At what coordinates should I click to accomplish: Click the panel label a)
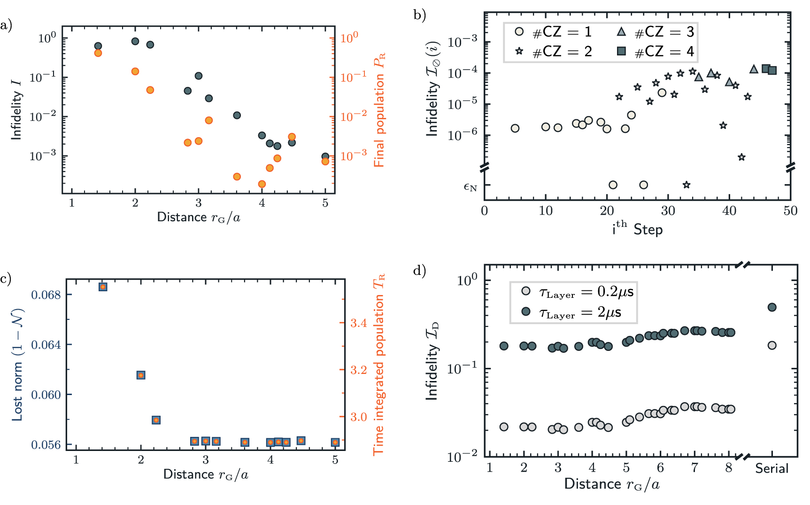tap(6, 25)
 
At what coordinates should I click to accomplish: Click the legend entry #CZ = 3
tap(655, 32)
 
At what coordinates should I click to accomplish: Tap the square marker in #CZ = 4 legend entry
tap(621, 51)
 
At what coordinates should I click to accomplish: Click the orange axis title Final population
tap(379, 110)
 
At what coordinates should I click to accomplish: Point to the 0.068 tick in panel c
tap(46, 295)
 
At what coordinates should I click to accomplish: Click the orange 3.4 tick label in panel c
tap(359, 323)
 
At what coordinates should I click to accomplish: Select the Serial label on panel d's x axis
tap(771, 468)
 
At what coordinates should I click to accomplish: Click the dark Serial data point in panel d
tap(772, 307)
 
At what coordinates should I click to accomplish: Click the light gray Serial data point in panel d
tap(772, 345)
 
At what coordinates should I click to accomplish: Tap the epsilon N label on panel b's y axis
tap(470, 186)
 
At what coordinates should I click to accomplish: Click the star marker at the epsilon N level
tap(687, 185)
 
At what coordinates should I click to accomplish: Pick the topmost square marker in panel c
tap(103, 287)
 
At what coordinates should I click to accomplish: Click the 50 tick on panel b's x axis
tap(790, 210)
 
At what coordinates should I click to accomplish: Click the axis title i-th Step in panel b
tap(637, 229)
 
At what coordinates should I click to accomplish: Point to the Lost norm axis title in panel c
tap(18, 365)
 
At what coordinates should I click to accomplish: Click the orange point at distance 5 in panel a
tap(325, 162)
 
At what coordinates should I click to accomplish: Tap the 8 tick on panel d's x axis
tap(728, 468)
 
